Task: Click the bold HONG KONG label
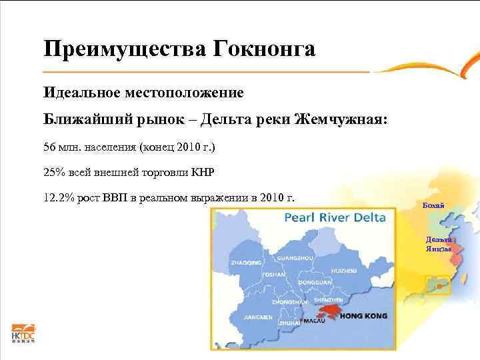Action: [364, 317]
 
